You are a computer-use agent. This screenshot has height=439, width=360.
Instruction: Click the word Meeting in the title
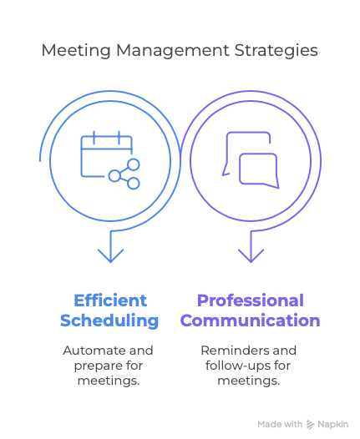76,50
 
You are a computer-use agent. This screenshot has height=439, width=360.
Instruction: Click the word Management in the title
173,50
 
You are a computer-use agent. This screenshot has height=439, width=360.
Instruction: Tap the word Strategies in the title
276,50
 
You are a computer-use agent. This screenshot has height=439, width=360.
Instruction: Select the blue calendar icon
110,160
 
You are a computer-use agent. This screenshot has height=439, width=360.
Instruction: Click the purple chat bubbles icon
251,160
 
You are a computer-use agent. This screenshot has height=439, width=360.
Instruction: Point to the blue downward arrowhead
110,255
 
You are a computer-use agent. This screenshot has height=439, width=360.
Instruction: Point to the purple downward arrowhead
251,255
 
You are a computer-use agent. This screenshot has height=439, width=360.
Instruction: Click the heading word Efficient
110,300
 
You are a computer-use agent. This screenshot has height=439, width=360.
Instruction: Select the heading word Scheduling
109,320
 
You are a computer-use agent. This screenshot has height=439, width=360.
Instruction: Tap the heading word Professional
251,300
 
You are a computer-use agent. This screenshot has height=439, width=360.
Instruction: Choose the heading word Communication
251,320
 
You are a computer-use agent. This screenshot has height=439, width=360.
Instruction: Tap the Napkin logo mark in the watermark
310,425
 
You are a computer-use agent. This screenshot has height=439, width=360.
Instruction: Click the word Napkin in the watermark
332,425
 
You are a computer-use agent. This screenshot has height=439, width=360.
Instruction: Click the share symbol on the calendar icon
124,174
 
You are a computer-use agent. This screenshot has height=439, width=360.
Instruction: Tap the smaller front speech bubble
259,170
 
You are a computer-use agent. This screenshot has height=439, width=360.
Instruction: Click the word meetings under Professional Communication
249,381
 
